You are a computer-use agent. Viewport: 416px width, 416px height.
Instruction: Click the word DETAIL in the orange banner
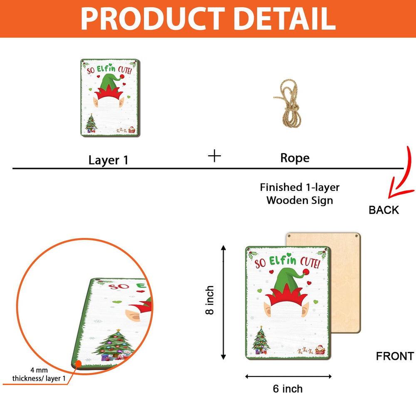tap(285, 19)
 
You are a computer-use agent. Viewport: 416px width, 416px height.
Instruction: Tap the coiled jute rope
tap(287, 104)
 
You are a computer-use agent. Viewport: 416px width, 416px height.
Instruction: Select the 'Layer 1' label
tap(108, 160)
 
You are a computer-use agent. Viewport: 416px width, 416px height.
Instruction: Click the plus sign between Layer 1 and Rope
tap(214, 156)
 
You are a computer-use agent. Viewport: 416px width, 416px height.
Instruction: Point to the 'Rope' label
tap(295, 158)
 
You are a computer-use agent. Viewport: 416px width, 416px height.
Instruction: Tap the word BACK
tap(384, 210)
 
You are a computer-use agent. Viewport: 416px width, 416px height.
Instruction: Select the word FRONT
tap(395, 356)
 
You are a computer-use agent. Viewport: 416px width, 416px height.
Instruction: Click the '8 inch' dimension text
tap(210, 300)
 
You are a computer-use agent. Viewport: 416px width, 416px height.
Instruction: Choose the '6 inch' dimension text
tap(287, 389)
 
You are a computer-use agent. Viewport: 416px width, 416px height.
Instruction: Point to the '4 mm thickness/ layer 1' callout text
tap(39, 374)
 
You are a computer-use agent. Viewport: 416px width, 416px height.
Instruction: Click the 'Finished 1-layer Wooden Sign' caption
tap(300, 194)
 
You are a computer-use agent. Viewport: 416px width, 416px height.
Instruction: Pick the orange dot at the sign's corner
tap(78, 364)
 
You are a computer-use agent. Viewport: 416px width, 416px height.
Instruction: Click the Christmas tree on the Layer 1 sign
tap(91, 123)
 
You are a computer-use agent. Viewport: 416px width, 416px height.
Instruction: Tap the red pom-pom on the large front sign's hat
tap(306, 272)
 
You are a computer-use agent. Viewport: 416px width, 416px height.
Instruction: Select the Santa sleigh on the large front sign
tap(320, 350)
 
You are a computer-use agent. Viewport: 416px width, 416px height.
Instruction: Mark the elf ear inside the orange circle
tap(134, 315)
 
